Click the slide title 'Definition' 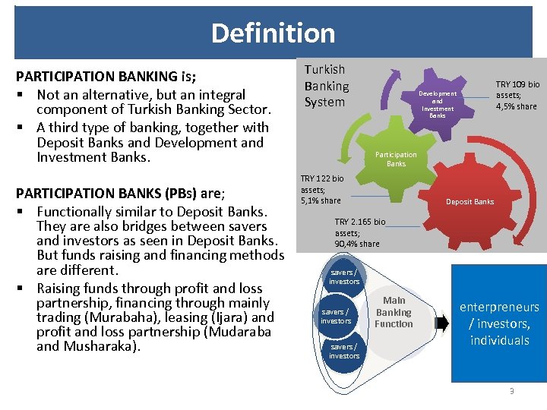(x=273, y=33)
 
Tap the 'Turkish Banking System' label (x=327, y=86)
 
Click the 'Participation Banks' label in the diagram (x=396, y=159)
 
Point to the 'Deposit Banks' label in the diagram (x=470, y=202)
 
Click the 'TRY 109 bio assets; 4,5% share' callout (x=517, y=96)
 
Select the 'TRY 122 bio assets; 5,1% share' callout (x=321, y=189)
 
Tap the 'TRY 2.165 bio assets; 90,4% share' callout (x=359, y=232)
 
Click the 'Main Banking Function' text (x=394, y=312)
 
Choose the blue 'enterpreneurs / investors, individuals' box (x=499, y=323)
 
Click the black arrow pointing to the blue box (x=441, y=323)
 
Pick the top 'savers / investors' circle (x=344, y=277)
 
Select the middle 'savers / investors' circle (x=336, y=316)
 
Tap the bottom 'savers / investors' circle (x=344, y=352)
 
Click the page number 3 (x=512, y=391)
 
